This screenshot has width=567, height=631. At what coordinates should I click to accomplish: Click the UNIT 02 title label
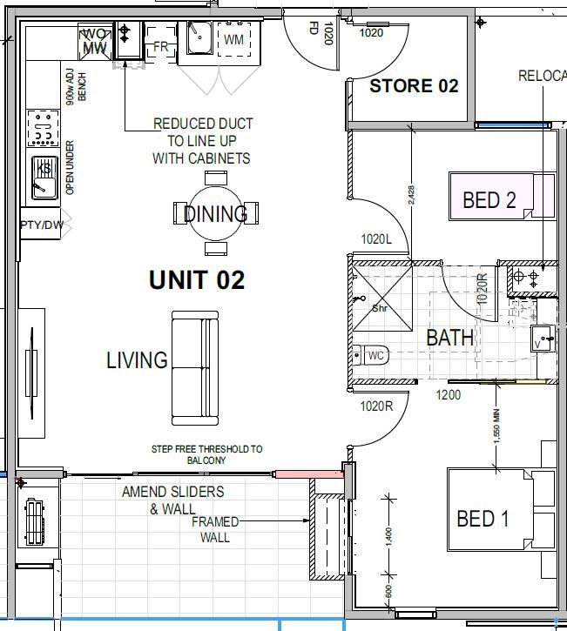click(196, 280)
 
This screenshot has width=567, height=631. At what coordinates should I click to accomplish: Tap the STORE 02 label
click(414, 86)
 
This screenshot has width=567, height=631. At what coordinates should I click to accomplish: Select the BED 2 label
click(489, 201)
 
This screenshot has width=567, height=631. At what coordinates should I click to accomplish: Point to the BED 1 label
click(483, 520)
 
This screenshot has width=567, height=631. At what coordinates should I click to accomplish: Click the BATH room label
click(449, 338)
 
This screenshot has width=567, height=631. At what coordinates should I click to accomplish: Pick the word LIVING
click(137, 359)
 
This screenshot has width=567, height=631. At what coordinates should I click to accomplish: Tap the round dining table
click(215, 213)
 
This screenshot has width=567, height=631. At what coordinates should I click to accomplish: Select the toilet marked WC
click(371, 355)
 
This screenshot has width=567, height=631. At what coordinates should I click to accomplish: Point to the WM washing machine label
click(233, 40)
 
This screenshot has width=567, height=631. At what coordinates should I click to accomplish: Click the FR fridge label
click(161, 46)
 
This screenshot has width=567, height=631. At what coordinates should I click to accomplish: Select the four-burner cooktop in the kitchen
click(43, 128)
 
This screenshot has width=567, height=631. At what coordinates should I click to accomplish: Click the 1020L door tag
click(377, 239)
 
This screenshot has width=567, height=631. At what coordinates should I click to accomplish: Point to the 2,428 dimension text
click(411, 194)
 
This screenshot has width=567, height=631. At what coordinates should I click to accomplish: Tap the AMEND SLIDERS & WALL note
click(172, 500)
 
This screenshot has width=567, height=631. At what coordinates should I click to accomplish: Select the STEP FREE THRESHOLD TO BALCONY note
click(206, 454)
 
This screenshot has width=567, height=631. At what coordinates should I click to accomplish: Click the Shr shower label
click(381, 307)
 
